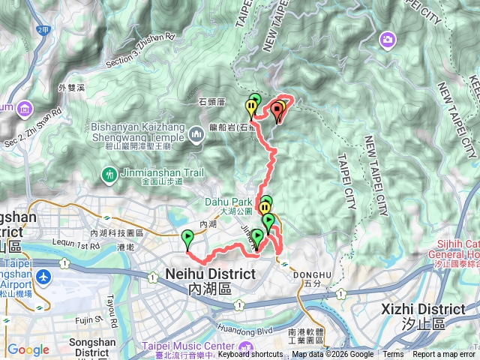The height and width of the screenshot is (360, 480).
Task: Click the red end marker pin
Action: coord(278,112)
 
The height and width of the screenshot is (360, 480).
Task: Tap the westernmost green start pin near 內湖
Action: coord(187,239)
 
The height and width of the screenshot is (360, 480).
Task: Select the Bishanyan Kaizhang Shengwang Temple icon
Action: coord(196,135)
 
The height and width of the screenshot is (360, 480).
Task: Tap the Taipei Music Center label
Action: coord(187,346)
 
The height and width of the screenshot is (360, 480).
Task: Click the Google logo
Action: coord(28,349)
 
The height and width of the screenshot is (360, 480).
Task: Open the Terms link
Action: coord(393,355)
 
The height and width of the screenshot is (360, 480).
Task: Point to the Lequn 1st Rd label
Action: coord(77,245)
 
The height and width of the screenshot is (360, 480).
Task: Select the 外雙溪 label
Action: coord(73,88)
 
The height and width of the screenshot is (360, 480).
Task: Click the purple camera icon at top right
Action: coord(388,39)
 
